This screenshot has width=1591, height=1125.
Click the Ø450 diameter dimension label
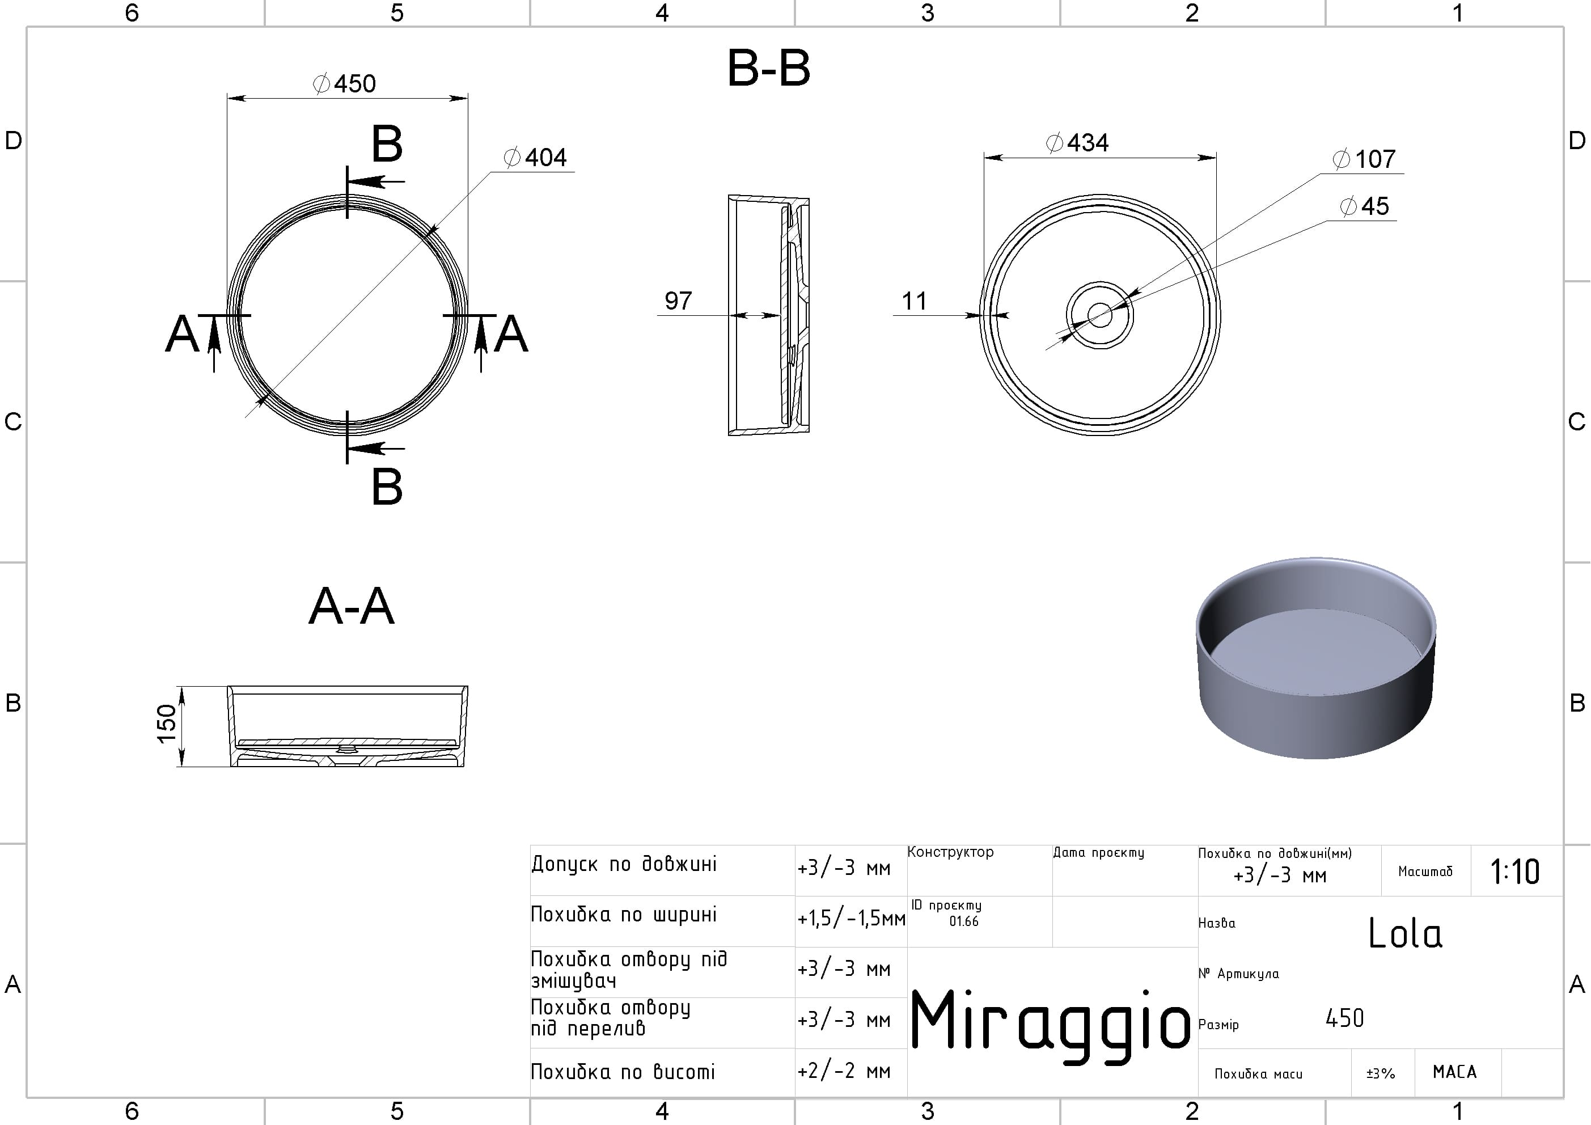pos(344,84)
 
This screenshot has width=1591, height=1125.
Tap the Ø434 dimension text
pos(1077,143)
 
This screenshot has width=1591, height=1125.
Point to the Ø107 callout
pos(1364,159)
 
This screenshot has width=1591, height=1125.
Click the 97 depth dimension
pos(678,301)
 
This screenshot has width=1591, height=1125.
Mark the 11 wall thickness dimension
pos(914,301)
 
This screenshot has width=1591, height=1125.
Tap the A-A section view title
pos(352,606)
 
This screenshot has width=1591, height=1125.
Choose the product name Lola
pos(1404,933)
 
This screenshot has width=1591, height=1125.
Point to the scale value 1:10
pos(1515,872)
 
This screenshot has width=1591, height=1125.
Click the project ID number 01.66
pos(964,921)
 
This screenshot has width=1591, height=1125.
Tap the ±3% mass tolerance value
pos(1380,1073)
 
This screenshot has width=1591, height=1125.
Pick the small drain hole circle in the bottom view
pos(1100,315)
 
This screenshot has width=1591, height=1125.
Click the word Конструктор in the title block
pos(950,852)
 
